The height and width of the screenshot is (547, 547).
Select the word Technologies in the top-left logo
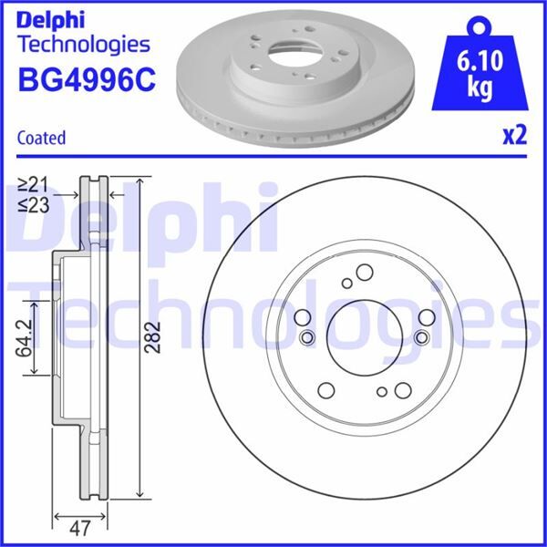coord(83,43)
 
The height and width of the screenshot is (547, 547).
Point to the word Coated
coord(41,139)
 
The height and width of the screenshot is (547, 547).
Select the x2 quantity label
coord(515,137)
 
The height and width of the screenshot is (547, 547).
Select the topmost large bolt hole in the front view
coord(363,273)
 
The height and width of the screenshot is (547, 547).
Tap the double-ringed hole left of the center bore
coord(305,338)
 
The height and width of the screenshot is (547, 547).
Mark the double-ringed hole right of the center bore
coord(420,338)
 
